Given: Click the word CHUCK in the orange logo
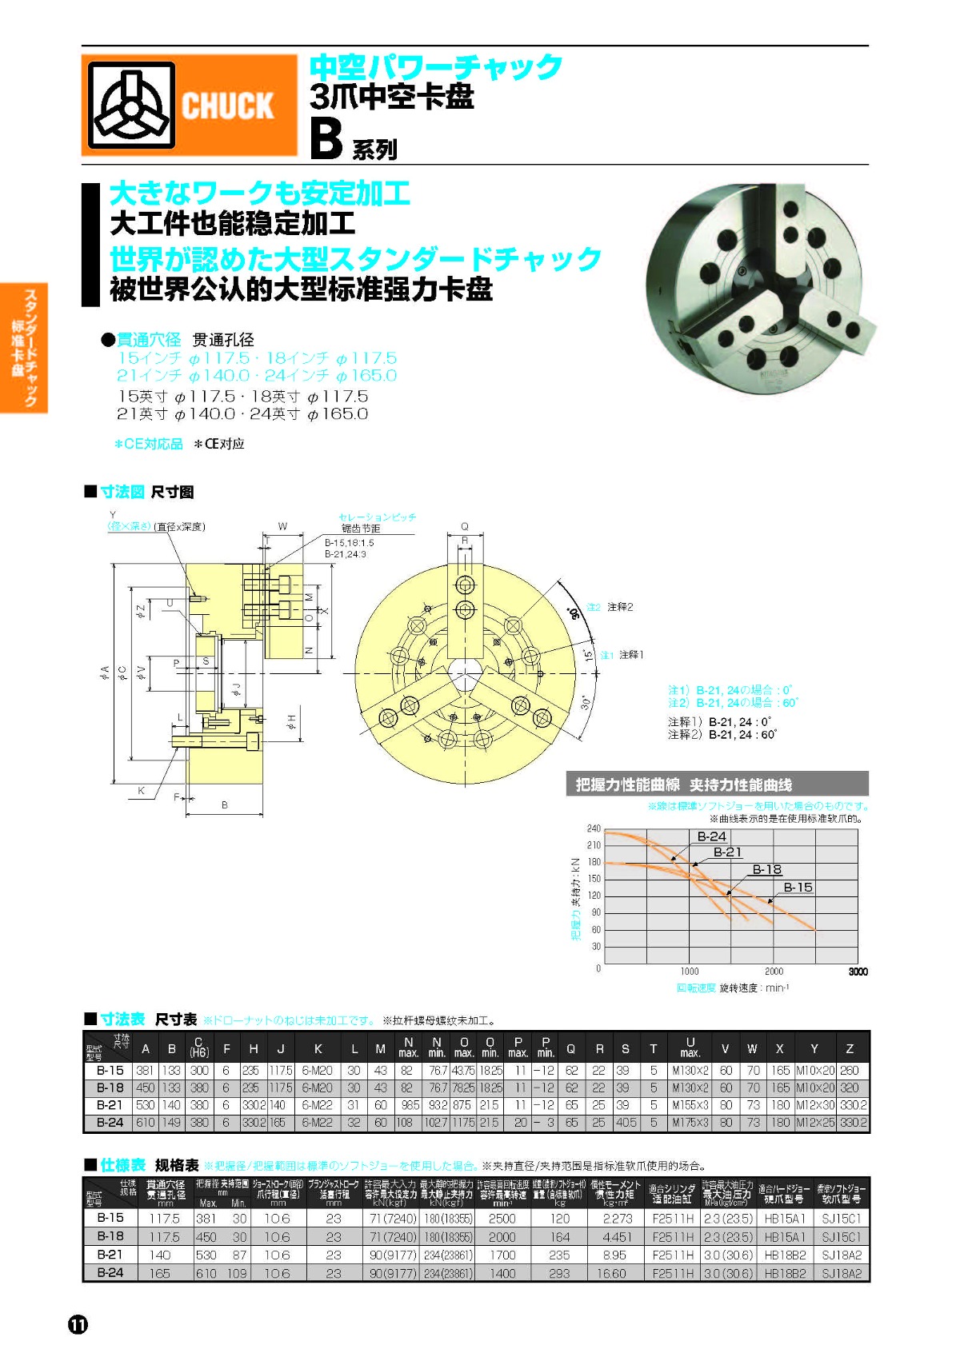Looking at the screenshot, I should (227, 106).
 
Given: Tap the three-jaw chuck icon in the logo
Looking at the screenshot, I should (132, 105).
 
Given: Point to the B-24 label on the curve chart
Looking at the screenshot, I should (711, 836).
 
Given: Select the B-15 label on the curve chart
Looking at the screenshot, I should (798, 887).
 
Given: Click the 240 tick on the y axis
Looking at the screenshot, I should (594, 828).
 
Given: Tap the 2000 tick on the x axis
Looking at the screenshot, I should (774, 972).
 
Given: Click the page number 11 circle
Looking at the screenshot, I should (78, 1324).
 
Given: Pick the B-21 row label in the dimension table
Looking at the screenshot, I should (110, 1105).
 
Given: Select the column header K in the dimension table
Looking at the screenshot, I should (318, 1048).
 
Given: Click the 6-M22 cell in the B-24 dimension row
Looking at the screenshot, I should (318, 1123).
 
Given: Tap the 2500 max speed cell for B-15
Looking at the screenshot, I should (502, 1219).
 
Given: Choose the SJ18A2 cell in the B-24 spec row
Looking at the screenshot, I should (842, 1273).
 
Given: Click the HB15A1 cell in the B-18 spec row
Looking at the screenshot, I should (785, 1237).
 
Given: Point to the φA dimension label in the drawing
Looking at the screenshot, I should (104, 673).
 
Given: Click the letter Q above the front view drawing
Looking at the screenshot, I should (464, 526).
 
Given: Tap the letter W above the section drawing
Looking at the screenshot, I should (282, 526).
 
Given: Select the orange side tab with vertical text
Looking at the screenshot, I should (25, 348).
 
